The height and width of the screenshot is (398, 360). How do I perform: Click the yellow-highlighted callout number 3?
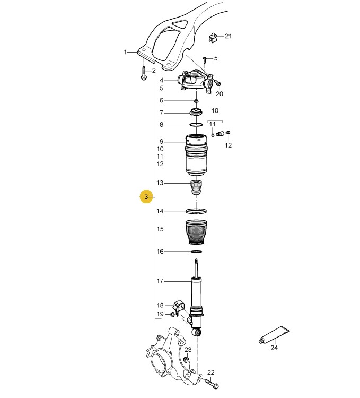(x=146, y=197)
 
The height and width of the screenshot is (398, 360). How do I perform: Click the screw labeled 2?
(x=144, y=73)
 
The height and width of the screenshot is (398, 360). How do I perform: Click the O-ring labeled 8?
(x=196, y=125)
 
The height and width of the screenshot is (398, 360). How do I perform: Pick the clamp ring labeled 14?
(x=196, y=211)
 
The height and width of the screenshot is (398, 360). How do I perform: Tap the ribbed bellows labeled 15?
(x=196, y=232)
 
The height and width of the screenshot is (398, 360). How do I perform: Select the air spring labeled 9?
(x=196, y=155)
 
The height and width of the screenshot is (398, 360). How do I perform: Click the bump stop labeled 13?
(x=196, y=187)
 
